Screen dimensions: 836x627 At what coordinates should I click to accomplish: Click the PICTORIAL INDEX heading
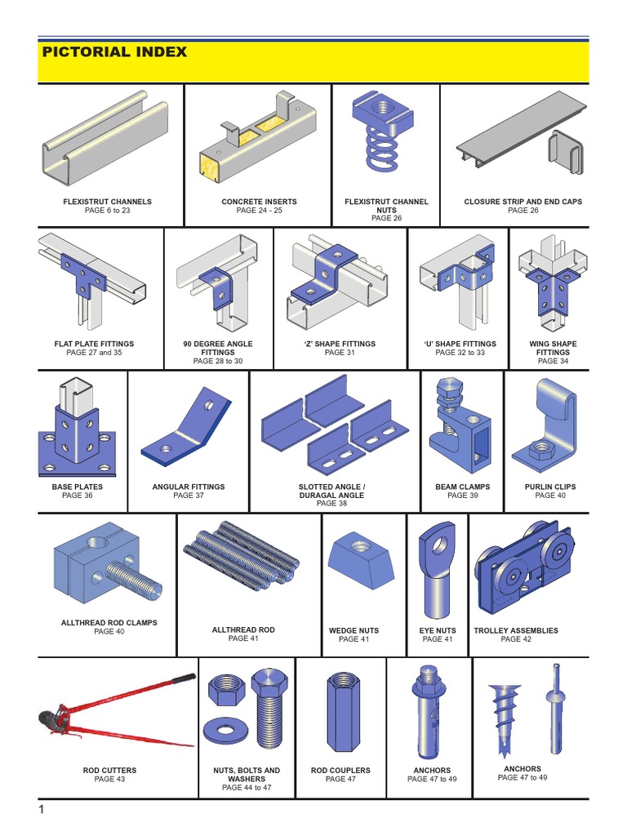click(x=114, y=52)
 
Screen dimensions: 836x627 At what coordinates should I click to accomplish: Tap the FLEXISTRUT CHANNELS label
click(x=107, y=202)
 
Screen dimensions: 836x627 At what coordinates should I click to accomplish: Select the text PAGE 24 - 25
click(x=259, y=211)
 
